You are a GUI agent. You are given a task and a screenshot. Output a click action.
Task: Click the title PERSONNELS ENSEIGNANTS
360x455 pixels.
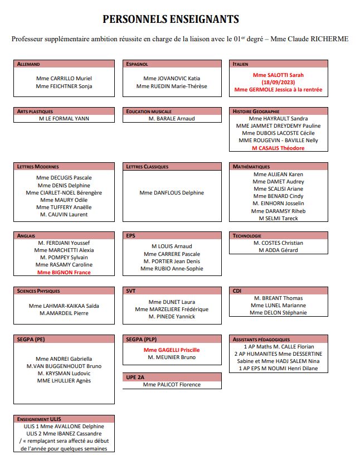click(x=171, y=20)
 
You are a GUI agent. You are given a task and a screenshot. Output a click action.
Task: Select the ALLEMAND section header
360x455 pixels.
click(x=29, y=64)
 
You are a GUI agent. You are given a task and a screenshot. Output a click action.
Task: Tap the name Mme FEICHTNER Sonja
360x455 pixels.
click(x=64, y=86)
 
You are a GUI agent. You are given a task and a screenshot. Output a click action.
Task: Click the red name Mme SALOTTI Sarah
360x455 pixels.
click(x=278, y=75)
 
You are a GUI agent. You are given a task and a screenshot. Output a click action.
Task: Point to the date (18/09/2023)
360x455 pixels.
click(x=278, y=82)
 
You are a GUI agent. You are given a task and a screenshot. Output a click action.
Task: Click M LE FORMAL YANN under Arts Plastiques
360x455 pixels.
click(x=64, y=119)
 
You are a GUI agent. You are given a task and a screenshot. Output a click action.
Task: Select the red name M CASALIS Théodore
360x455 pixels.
click(x=278, y=148)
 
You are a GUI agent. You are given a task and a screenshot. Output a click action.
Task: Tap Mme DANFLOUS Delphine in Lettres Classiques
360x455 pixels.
click(x=172, y=193)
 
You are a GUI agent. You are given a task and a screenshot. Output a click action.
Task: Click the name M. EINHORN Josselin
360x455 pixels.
click(x=278, y=204)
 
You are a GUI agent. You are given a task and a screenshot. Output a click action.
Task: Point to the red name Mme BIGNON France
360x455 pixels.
click(x=64, y=273)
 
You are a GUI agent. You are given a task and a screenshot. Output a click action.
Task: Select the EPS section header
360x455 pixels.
click(x=131, y=236)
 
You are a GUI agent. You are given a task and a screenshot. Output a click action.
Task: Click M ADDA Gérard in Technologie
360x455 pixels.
click(x=278, y=250)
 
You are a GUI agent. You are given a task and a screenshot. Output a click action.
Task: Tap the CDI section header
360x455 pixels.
click(x=237, y=291)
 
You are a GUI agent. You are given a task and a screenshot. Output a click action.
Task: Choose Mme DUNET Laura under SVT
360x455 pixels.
click(x=172, y=302)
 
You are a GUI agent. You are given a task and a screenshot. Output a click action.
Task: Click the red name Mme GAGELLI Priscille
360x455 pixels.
click(x=172, y=350)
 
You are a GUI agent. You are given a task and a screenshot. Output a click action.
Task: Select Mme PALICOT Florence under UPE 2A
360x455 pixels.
click(x=172, y=385)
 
